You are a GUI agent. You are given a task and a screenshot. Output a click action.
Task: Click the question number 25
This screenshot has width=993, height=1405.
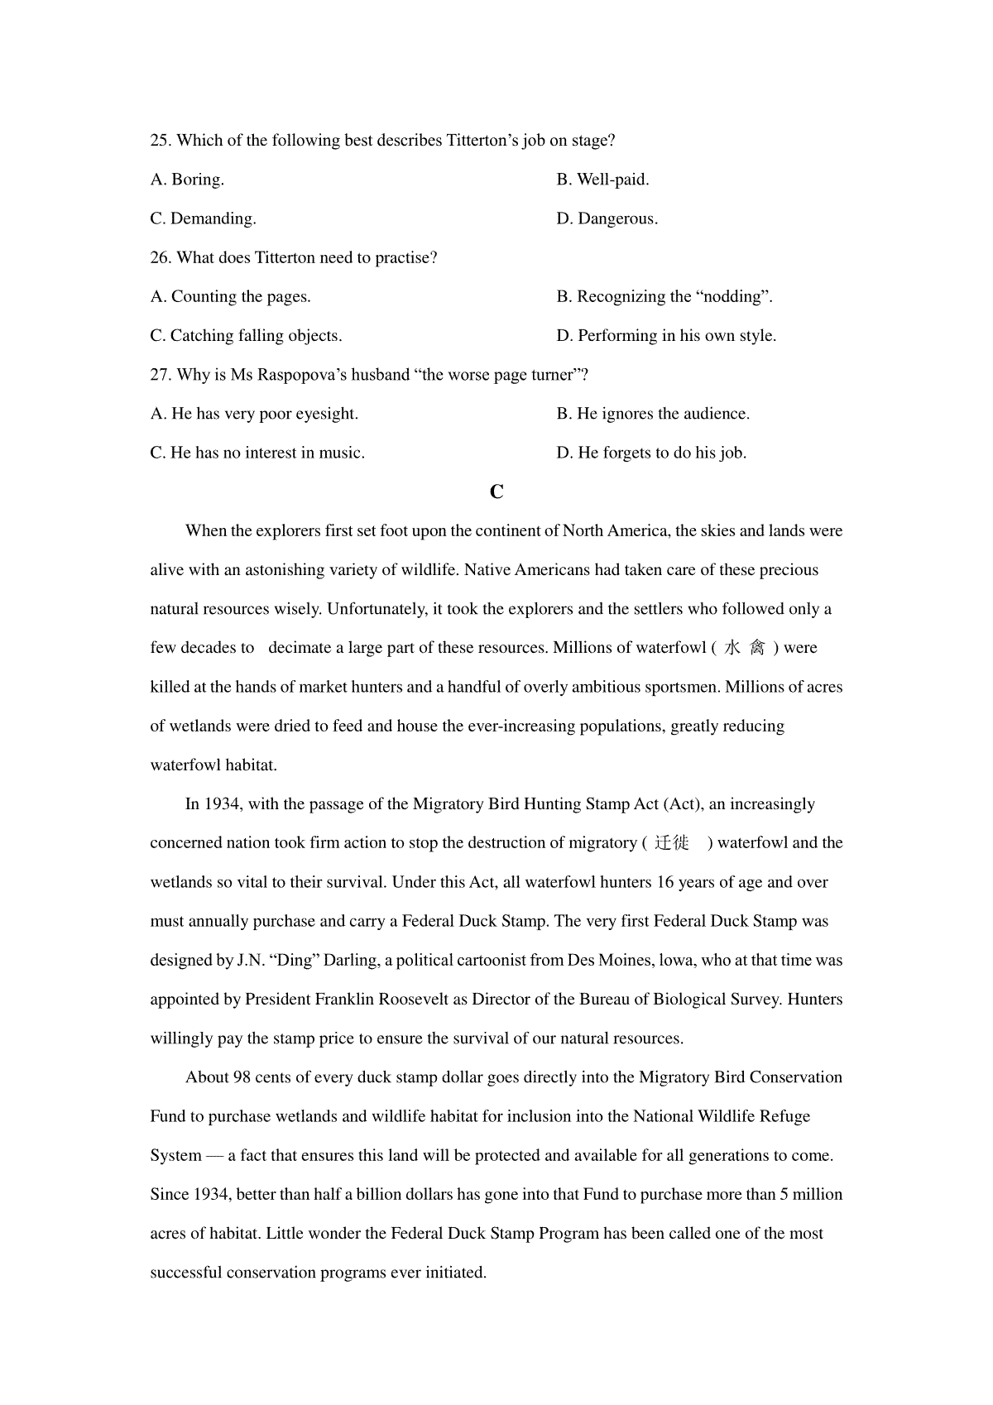(x=161, y=141)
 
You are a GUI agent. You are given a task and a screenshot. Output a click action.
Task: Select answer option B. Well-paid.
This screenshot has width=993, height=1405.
(x=602, y=180)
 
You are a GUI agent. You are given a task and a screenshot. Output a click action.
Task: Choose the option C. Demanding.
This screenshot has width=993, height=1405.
(x=204, y=218)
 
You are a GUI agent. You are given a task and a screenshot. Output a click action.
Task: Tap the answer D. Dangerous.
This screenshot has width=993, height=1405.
(x=607, y=218)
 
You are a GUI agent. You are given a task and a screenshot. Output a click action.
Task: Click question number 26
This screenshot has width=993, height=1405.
(x=161, y=258)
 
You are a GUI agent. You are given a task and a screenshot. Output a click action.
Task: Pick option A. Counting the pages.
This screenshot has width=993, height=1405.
(x=231, y=297)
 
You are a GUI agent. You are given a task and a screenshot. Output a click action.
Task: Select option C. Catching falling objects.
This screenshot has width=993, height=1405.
(x=246, y=336)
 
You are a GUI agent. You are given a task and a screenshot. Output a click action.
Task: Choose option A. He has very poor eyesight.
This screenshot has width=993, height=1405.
(x=254, y=414)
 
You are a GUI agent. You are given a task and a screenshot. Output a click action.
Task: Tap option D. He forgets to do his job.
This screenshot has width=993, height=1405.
(x=651, y=453)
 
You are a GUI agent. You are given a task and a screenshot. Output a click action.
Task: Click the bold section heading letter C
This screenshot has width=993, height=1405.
(x=496, y=492)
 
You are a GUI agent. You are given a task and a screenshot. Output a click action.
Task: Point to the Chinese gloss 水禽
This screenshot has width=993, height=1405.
(x=745, y=648)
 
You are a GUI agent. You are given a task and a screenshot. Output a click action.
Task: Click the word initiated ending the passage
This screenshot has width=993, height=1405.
(x=455, y=1273)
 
